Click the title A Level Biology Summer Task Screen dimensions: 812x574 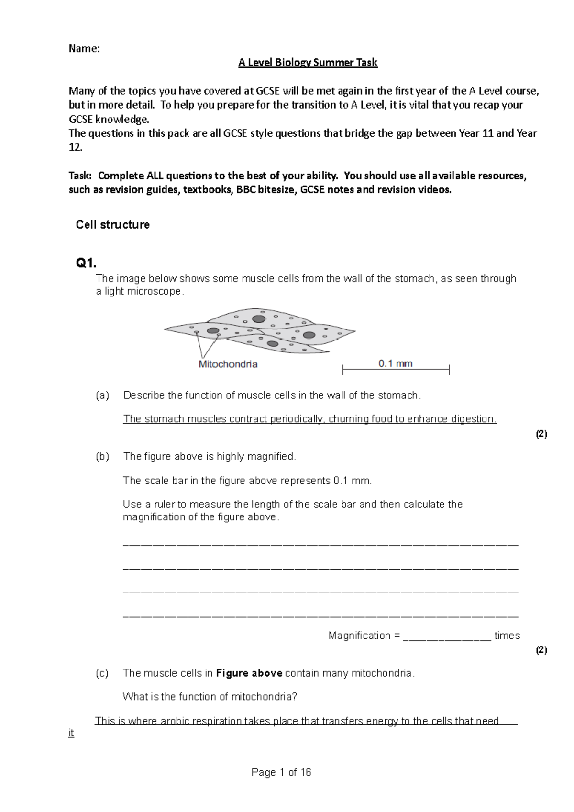pyautogui.click(x=308, y=63)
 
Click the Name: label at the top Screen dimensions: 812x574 pyautogui.click(x=85, y=48)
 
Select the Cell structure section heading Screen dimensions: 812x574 pyautogui.click(x=113, y=225)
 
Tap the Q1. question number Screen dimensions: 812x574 pyautogui.click(x=86, y=263)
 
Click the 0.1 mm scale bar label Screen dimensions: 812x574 pyautogui.click(x=396, y=363)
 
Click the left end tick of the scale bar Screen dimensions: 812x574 pyautogui.click(x=343, y=370)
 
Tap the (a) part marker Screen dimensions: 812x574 pyautogui.click(x=102, y=395)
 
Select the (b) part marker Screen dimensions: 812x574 pyautogui.click(x=102, y=457)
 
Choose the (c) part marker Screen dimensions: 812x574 pyautogui.click(x=102, y=673)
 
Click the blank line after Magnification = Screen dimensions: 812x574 pyautogui.click(x=447, y=636)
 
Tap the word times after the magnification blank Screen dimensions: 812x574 pyautogui.click(x=507, y=636)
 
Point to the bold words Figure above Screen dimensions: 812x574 pyautogui.click(x=249, y=673)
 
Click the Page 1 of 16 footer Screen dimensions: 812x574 pyautogui.click(x=281, y=772)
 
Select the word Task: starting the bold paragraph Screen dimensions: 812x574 pyautogui.click(x=80, y=176)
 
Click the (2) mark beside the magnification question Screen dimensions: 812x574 pyautogui.click(x=541, y=650)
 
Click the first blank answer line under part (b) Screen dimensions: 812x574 pyautogui.click(x=320, y=544)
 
